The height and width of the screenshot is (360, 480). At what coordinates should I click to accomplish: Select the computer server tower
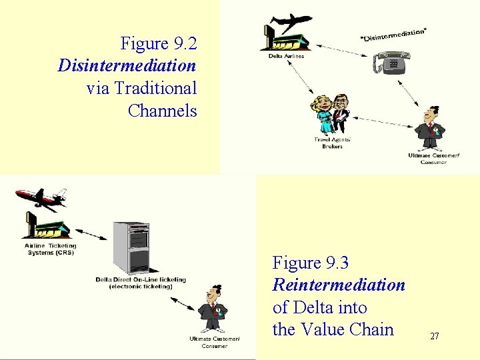(131, 247)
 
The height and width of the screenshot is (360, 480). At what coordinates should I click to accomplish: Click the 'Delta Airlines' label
(286, 57)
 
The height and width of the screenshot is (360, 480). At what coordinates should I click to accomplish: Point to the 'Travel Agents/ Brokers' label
(333, 143)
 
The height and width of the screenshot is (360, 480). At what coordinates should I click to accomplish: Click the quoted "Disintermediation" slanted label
(393, 33)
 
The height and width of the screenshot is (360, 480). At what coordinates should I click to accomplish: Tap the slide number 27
(434, 337)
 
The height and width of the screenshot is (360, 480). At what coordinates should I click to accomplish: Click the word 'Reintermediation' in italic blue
(339, 285)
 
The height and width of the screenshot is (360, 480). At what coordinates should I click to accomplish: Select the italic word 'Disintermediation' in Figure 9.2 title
(127, 66)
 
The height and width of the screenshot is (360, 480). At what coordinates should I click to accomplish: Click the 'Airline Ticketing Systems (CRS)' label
(50, 249)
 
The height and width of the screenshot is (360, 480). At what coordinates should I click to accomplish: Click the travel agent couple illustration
(332, 113)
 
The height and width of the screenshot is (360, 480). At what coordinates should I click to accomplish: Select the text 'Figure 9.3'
(311, 263)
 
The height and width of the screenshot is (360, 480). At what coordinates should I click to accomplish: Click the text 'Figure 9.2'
(159, 44)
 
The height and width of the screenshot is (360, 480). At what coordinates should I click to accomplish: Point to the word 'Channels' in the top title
(162, 111)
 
